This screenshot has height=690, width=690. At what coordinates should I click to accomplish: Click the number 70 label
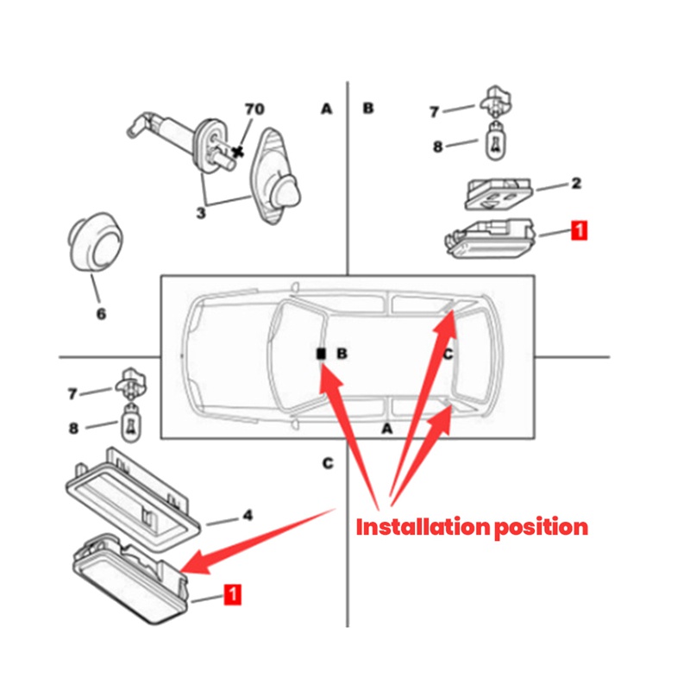[x=254, y=110]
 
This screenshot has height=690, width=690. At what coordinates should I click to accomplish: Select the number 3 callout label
[x=200, y=212]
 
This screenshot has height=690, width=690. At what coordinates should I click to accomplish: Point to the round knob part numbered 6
[x=94, y=240]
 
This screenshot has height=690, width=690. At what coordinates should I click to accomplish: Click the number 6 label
[x=101, y=315]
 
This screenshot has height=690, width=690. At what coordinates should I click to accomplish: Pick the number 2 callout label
[x=576, y=183]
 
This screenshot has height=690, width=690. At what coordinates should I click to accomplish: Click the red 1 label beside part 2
[x=579, y=230]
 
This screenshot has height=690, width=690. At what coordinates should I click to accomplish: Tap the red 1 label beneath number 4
[x=232, y=593]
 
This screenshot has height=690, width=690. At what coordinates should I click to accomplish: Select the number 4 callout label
[x=247, y=516]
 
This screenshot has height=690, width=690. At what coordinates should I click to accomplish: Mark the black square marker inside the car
[x=320, y=354]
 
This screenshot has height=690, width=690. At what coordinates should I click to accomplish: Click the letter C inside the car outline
[x=448, y=354]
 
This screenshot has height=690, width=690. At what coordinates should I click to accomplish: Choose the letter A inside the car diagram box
[x=387, y=429]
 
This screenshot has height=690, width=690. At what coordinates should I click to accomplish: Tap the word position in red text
[x=540, y=526]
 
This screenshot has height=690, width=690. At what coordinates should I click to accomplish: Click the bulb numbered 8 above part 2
[x=497, y=140]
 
